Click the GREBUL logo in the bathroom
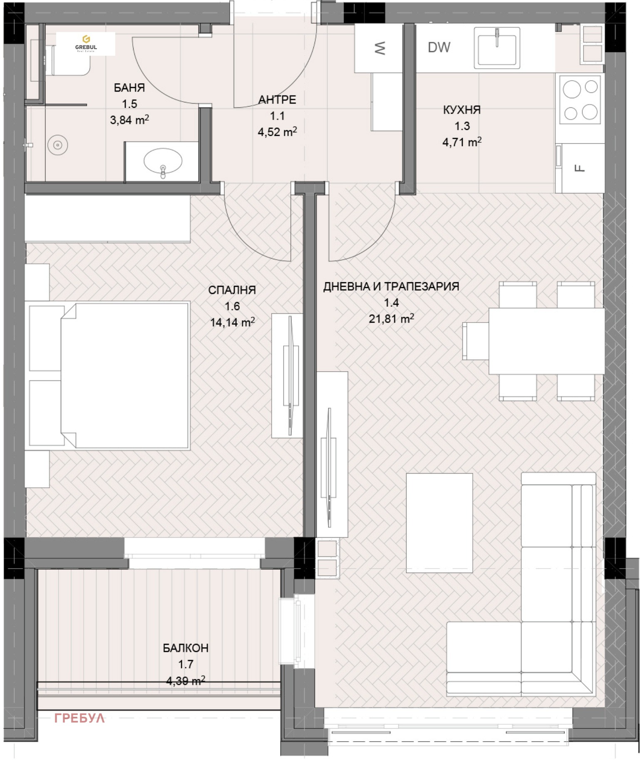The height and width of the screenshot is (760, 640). coord(86,43)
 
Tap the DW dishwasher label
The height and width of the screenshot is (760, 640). coord(439,47)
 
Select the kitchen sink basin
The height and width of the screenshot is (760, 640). coord(497,47)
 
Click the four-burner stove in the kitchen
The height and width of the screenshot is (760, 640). coord(580,99)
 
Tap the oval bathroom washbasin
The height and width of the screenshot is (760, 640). coord(163,161)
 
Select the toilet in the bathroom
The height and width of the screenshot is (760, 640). coord(69,60)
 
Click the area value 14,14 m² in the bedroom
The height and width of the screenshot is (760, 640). coord(232,322)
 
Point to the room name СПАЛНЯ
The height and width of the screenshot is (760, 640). coord(232,290)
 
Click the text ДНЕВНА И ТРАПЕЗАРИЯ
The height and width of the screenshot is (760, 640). coord(391,286)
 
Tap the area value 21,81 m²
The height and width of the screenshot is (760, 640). coord(391,319)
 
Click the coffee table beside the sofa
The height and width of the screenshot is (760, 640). coord(439,523)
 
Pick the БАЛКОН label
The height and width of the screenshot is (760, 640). coord(186,648)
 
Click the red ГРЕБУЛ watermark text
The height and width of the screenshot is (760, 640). coord(79,718)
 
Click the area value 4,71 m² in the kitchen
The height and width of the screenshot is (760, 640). coord(462,142)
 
